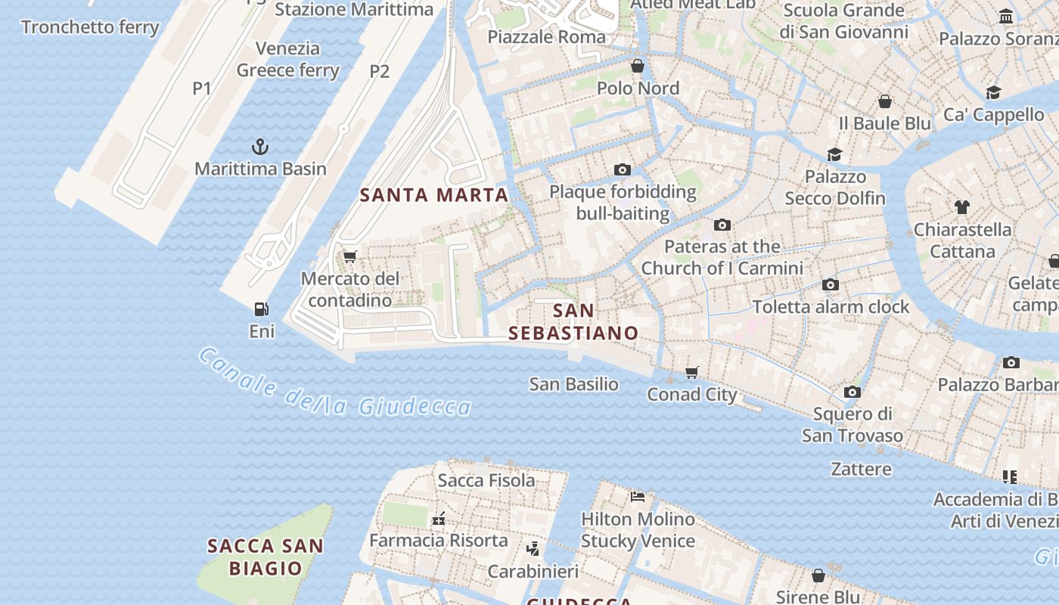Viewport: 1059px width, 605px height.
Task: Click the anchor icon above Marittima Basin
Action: pos(260,146)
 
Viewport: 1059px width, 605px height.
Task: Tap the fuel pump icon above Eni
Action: pos(262,309)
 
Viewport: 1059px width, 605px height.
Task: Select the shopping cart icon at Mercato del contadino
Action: pos(349,257)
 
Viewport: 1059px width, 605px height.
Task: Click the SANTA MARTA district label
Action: pos(434,195)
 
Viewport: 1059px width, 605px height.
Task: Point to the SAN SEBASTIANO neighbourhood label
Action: pos(573,321)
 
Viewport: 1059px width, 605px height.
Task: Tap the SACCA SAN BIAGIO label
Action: pos(265,557)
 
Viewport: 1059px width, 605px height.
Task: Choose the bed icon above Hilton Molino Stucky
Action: pos(638,497)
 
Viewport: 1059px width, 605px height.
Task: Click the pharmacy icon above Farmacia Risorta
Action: pos(438,519)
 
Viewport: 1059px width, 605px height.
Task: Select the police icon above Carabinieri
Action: pos(533,548)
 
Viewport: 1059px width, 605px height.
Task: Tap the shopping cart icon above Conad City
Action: pos(691,372)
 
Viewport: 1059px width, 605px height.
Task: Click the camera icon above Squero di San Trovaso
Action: pos(852,392)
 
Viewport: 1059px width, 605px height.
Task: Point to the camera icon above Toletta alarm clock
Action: pos(831,284)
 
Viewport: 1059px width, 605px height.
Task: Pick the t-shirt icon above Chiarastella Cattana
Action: pos(961,206)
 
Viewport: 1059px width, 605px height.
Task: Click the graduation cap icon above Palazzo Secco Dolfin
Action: pos(834,154)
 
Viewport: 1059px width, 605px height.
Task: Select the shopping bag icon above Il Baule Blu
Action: pos(885,101)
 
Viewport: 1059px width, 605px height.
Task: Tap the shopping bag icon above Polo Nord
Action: pos(638,66)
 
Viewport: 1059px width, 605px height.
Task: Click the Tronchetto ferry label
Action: pos(90,27)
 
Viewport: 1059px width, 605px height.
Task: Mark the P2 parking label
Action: pos(380,71)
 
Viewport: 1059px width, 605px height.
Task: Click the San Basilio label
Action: pos(573,384)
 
